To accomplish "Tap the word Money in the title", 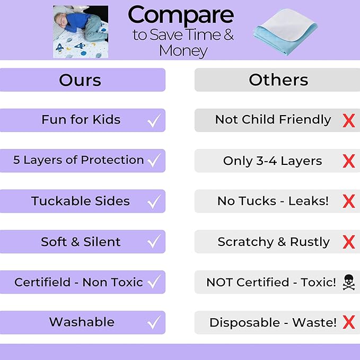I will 183,51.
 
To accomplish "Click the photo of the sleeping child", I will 80,31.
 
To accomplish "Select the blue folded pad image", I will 287,30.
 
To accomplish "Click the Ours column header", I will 80,80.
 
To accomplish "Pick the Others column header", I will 278,80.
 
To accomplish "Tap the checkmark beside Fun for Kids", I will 154,121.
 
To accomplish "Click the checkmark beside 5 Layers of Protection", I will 154,161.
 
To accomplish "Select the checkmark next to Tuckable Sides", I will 154,202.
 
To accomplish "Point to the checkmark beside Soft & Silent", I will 154,242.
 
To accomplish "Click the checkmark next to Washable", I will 154,322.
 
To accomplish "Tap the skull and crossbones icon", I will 348,282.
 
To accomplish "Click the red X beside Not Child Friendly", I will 348,120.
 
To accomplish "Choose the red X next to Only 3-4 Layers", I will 348,161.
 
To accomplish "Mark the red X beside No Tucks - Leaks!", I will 348,201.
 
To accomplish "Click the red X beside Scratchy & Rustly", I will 348,242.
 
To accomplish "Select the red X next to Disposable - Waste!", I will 348,322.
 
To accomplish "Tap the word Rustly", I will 310,242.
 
